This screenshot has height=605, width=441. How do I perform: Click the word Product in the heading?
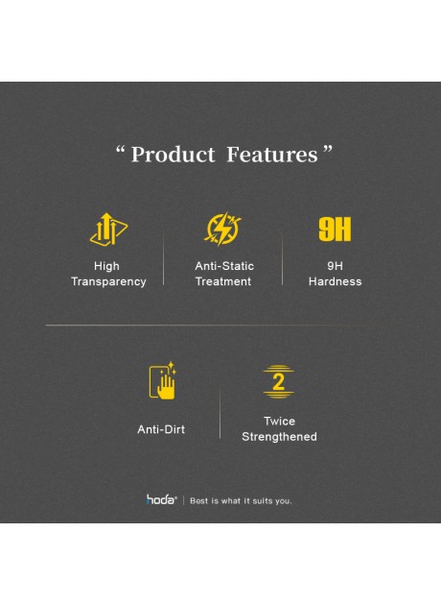click(173, 155)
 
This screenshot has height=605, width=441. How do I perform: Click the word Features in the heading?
click(271, 155)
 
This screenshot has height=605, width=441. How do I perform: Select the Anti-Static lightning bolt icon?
click(223, 230)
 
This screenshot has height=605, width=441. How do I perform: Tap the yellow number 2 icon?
click(279, 381)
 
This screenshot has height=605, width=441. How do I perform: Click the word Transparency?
click(108, 282)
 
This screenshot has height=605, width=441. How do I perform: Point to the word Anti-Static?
click(224, 266)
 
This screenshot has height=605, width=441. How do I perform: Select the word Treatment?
click(223, 282)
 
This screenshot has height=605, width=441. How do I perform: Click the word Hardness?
click(335, 282)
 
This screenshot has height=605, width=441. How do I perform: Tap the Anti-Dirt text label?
click(161, 429)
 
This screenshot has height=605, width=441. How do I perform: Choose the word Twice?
click(279, 422)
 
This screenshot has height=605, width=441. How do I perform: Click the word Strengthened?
click(279, 437)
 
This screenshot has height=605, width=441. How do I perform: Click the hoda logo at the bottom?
click(160, 499)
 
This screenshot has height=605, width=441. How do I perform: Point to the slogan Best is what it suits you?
click(241, 500)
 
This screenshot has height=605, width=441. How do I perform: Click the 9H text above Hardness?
click(335, 266)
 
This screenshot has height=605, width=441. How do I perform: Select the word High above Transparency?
click(107, 266)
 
